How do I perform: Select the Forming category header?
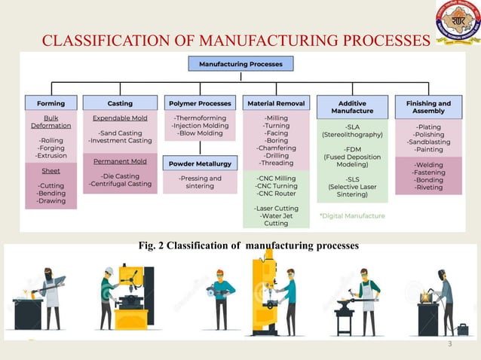51,103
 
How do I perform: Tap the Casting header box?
120,103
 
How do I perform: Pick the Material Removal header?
276,103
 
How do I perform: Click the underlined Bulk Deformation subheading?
51,122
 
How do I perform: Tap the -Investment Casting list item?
120,141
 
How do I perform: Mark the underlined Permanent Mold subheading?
120,160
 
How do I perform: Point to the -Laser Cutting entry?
276,207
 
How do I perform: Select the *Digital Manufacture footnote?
352,216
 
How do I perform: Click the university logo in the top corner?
457,23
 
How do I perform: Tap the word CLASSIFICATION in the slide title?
90,40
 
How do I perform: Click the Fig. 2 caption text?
239,246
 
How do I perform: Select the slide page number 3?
449,345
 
